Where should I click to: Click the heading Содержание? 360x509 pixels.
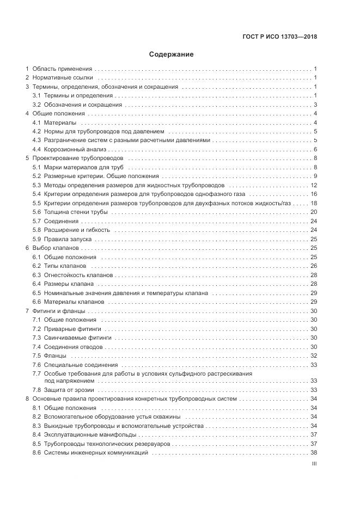coord(171,54)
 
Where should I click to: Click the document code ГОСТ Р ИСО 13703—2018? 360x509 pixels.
coord(279,37)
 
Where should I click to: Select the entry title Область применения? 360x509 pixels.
coord(62,69)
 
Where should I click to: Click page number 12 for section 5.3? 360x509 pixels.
coord(314,185)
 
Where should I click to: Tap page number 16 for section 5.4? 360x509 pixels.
coord(314,194)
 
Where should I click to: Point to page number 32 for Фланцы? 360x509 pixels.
coord(314,355)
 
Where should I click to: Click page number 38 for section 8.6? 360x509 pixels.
coord(314,452)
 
